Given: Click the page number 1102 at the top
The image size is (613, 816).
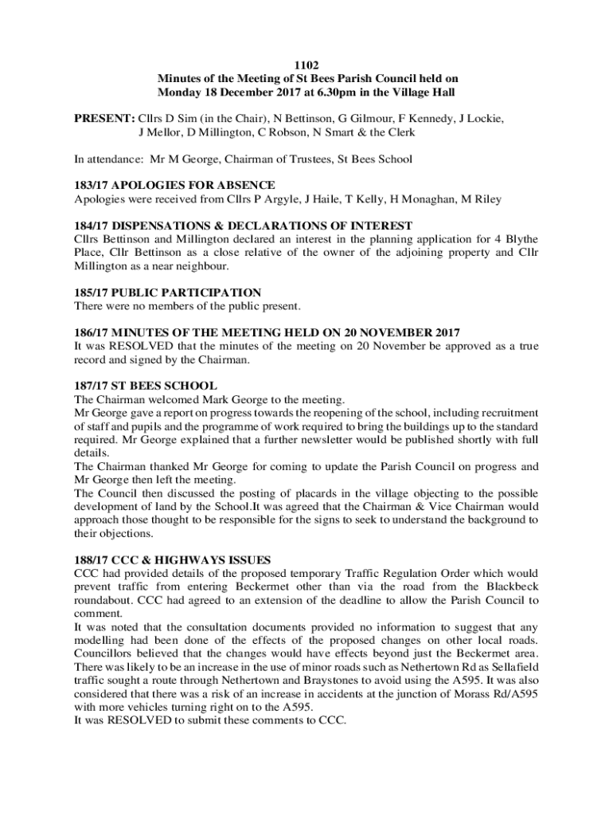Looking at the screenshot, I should (x=307, y=65).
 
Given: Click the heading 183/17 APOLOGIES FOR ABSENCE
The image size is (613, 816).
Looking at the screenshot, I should (x=174, y=185).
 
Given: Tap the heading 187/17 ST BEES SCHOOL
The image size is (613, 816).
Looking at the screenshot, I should (x=145, y=386).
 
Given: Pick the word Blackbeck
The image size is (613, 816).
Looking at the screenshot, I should (x=507, y=586).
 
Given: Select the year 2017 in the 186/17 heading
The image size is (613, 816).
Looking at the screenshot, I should (x=435, y=332).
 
